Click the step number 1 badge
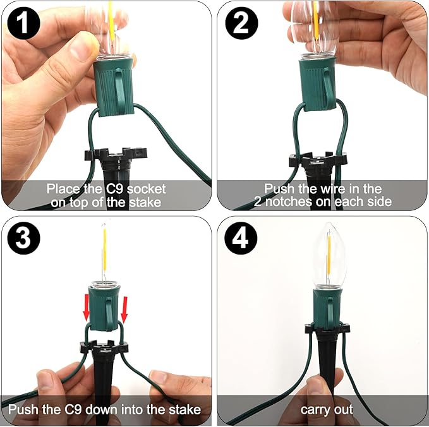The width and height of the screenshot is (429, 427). [x=24, y=23]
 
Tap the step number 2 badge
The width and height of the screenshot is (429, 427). [x=241, y=23]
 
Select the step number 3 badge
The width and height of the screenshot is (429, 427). [x=23, y=238]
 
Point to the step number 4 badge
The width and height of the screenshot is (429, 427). [x=241, y=238]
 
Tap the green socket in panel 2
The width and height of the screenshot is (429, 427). [x=318, y=83]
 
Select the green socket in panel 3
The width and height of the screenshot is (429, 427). [x=104, y=307]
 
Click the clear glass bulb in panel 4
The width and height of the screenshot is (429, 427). [x=330, y=255]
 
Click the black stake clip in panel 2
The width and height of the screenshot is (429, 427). [x=318, y=161]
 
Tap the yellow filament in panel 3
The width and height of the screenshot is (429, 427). [x=104, y=249]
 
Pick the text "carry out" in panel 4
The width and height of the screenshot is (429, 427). [x=327, y=411]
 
